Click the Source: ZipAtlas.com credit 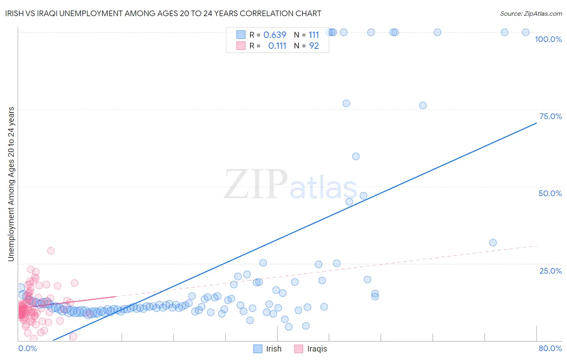tap(531, 14)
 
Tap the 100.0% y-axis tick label tap(548, 39)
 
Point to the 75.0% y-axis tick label tap(550, 116)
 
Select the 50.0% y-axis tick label tap(550, 193)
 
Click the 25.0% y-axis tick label tap(550, 271)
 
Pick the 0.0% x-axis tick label tap(27, 348)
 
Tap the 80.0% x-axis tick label tap(550, 348)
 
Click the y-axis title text tap(11, 184)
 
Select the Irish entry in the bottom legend tap(273, 349)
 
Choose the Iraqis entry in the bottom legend tap(317, 349)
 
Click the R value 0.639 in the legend tap(275, 35)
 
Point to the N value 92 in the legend tap(314, 46)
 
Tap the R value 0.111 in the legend tap(277, 46)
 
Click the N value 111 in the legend tap(314, 35)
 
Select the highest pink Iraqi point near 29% tap(51, 251)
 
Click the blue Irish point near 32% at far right tap(493, 243)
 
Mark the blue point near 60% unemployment tap(356, 156)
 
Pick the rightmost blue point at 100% tap(525, 32)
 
